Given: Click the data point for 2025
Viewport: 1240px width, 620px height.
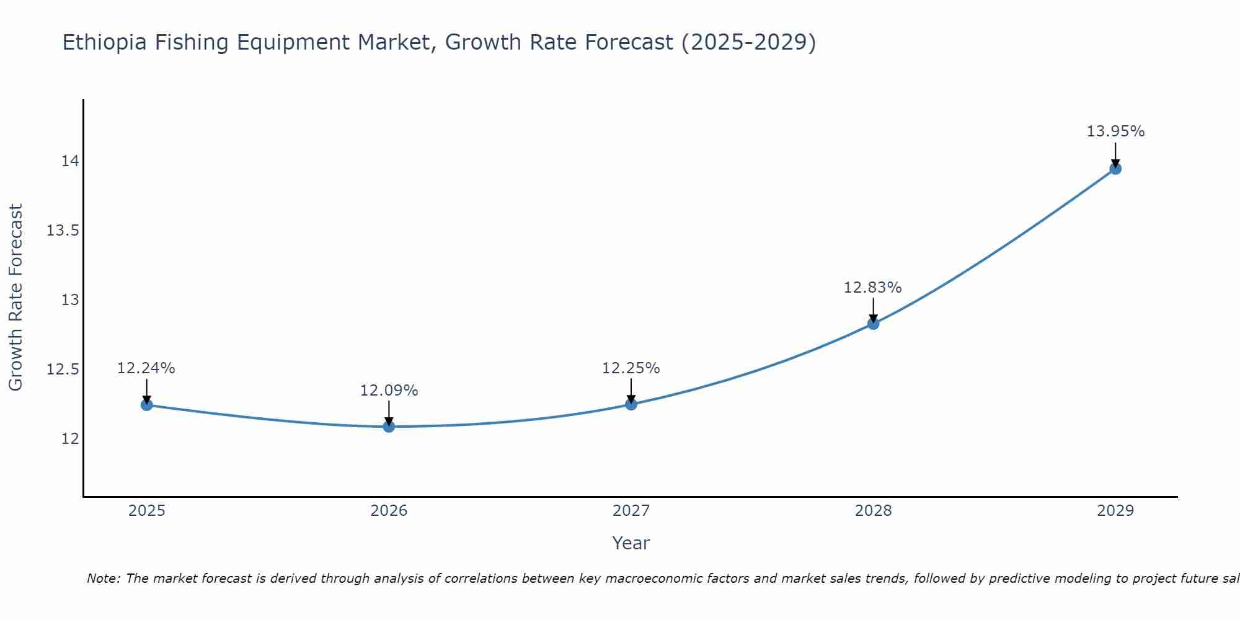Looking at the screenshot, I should click(147, 405).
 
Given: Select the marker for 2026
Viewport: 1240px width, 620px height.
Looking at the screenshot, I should click(389, 426).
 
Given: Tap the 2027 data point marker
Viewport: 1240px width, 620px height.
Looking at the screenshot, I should click(631, 404).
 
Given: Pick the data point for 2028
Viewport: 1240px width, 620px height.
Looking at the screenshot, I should click(873, 323).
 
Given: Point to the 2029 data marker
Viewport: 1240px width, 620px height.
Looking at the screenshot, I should click(1115, 168).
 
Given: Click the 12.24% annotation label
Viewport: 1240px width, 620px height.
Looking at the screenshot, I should click(146, 368).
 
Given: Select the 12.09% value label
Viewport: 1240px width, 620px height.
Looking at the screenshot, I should click(389, 391).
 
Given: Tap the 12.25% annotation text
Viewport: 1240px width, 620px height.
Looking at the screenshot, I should click(631, 368).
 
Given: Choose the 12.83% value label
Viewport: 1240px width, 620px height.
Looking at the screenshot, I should click(873, 288).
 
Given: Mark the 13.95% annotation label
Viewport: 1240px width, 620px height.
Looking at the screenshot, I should click(1115, 131).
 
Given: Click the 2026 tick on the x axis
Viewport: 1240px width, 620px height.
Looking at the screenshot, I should click(389, 511).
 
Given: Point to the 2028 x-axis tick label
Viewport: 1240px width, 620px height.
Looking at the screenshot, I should click(873, 511).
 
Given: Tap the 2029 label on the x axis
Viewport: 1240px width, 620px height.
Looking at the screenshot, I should click(1115, 511).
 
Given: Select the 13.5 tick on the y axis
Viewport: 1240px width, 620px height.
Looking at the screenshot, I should click(63, 231).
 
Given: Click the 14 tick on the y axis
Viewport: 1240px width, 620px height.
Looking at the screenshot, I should click(70, 161).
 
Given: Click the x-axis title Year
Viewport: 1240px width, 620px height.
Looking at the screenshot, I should click(631, 543).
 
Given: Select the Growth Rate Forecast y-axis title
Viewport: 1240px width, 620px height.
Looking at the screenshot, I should click(16, 298).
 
